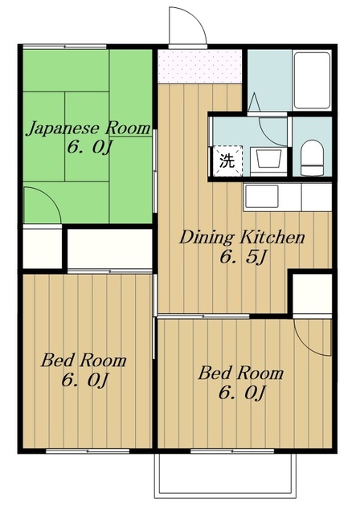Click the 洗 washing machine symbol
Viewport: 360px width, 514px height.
point(227,161)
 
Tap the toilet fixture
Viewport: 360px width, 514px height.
point(312,159)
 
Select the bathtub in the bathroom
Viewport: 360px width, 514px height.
point(312,80)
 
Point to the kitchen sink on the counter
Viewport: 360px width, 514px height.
point(261,196)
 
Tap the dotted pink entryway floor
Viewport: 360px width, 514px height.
point(200,67)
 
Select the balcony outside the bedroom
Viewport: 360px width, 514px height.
point(226,475)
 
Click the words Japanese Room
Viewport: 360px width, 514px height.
point(88,128)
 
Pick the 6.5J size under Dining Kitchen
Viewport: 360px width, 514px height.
point(243,257)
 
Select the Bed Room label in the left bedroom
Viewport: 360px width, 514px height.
point(84,361)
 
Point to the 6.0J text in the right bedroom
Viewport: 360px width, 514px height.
point(242,393)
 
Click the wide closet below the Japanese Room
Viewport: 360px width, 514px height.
point(110,248)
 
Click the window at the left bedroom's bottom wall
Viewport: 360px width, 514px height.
point(88,451)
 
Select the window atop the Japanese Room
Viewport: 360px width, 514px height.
point(64,47)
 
